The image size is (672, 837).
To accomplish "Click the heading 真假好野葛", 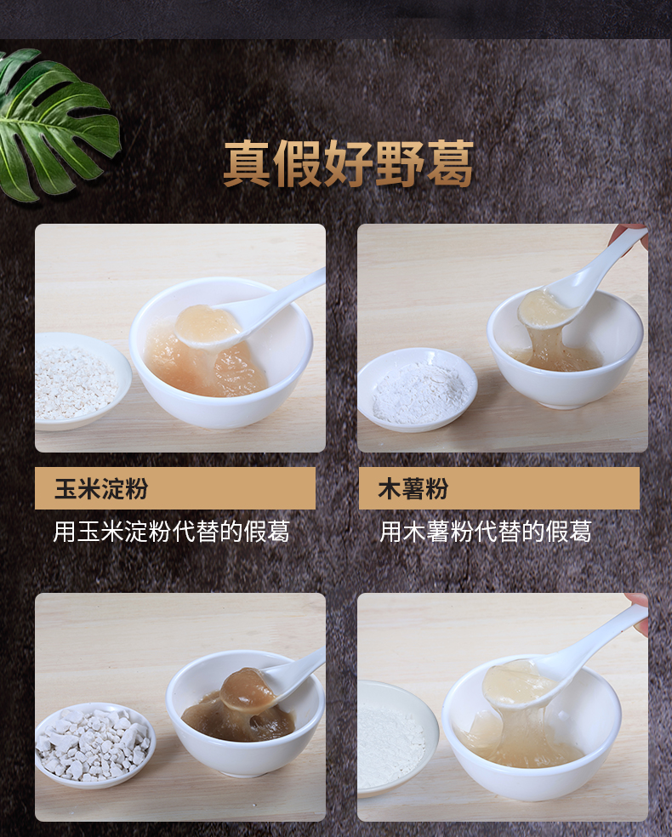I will click(348, 164).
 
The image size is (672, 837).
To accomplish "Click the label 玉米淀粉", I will click(101, 489).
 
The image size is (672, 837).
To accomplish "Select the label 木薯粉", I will click(413, 489).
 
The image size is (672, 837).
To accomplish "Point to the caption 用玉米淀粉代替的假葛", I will click(171, 532).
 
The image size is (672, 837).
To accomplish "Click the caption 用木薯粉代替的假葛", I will click(485, 532).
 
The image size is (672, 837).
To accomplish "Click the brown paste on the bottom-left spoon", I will click(248, 688).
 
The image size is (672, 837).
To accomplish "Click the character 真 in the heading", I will click(248, 164).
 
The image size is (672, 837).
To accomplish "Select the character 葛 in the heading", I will click(447, 164).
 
